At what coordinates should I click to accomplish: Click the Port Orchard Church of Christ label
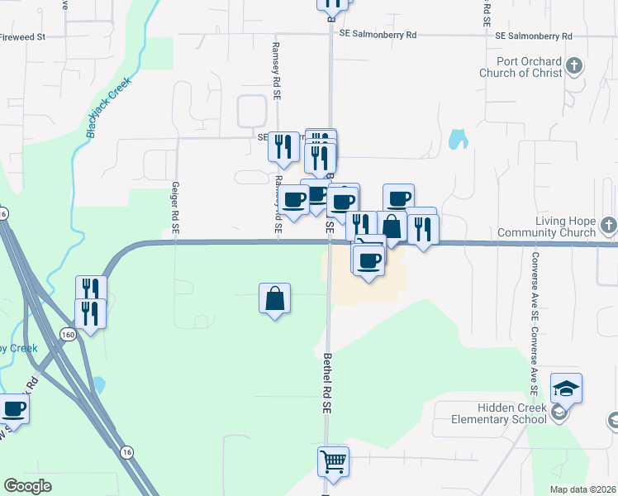pos(521,67)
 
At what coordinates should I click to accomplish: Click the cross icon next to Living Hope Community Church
pos(607,225)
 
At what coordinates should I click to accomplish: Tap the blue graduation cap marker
pos(566,388)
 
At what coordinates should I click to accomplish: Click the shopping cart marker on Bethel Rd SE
pos(334,461)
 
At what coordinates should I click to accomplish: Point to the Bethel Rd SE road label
pos(327,384)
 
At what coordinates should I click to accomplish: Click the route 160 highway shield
pos(69,334)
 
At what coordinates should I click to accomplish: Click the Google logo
pos(27,486)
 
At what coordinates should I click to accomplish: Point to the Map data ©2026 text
pos(582,489)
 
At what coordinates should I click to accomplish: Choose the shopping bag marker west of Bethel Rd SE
pos(275,298)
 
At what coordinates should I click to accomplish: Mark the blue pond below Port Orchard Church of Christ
pos(457,139)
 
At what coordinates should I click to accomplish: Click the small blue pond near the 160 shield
pos(99,384)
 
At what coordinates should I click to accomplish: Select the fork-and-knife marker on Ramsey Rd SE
pos(283,146)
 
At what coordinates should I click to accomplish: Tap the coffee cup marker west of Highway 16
pos(13,408)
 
